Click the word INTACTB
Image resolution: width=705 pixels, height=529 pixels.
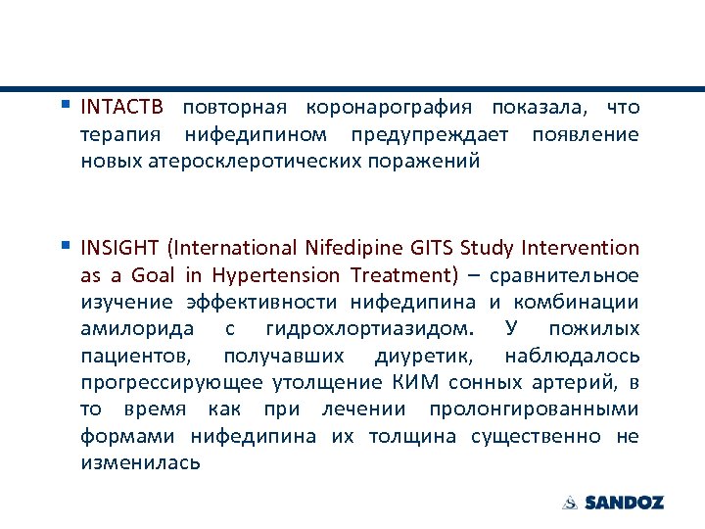[123, 107]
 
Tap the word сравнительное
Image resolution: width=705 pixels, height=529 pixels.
[564, 275]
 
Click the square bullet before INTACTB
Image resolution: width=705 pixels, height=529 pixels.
[66, 103]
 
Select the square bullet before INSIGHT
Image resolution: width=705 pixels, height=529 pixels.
[66, 245]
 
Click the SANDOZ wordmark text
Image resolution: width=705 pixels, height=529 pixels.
[624, 503]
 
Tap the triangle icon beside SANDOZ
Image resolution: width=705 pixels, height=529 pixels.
[570, 503]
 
